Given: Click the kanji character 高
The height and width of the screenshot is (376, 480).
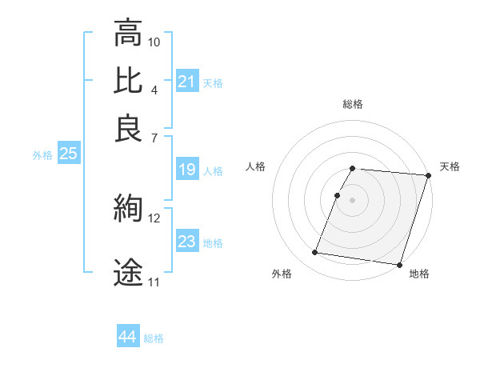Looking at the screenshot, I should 128,34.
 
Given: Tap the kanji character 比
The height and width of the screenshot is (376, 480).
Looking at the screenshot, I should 128,81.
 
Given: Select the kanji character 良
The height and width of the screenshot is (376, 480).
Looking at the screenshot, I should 128,128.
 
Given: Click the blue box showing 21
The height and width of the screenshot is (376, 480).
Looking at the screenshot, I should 187,81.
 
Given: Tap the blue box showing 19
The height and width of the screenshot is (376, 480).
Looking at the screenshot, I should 187,170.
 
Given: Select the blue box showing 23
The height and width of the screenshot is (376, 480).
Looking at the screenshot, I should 187,242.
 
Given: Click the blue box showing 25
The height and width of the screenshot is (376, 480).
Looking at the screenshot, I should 68,154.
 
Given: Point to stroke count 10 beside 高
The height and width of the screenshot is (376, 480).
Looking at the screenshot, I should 154,42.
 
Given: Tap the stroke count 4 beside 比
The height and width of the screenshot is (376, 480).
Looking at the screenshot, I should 154,89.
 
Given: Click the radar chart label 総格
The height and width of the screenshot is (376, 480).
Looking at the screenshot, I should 352,104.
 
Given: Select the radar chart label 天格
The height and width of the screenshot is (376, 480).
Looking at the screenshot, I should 450,166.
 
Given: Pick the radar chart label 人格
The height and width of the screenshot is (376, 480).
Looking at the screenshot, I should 256,166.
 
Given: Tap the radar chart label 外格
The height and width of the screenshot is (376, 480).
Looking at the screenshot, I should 282,274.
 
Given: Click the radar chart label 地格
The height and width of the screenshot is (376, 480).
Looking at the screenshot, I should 419,274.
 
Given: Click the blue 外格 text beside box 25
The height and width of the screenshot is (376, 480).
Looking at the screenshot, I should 42,155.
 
